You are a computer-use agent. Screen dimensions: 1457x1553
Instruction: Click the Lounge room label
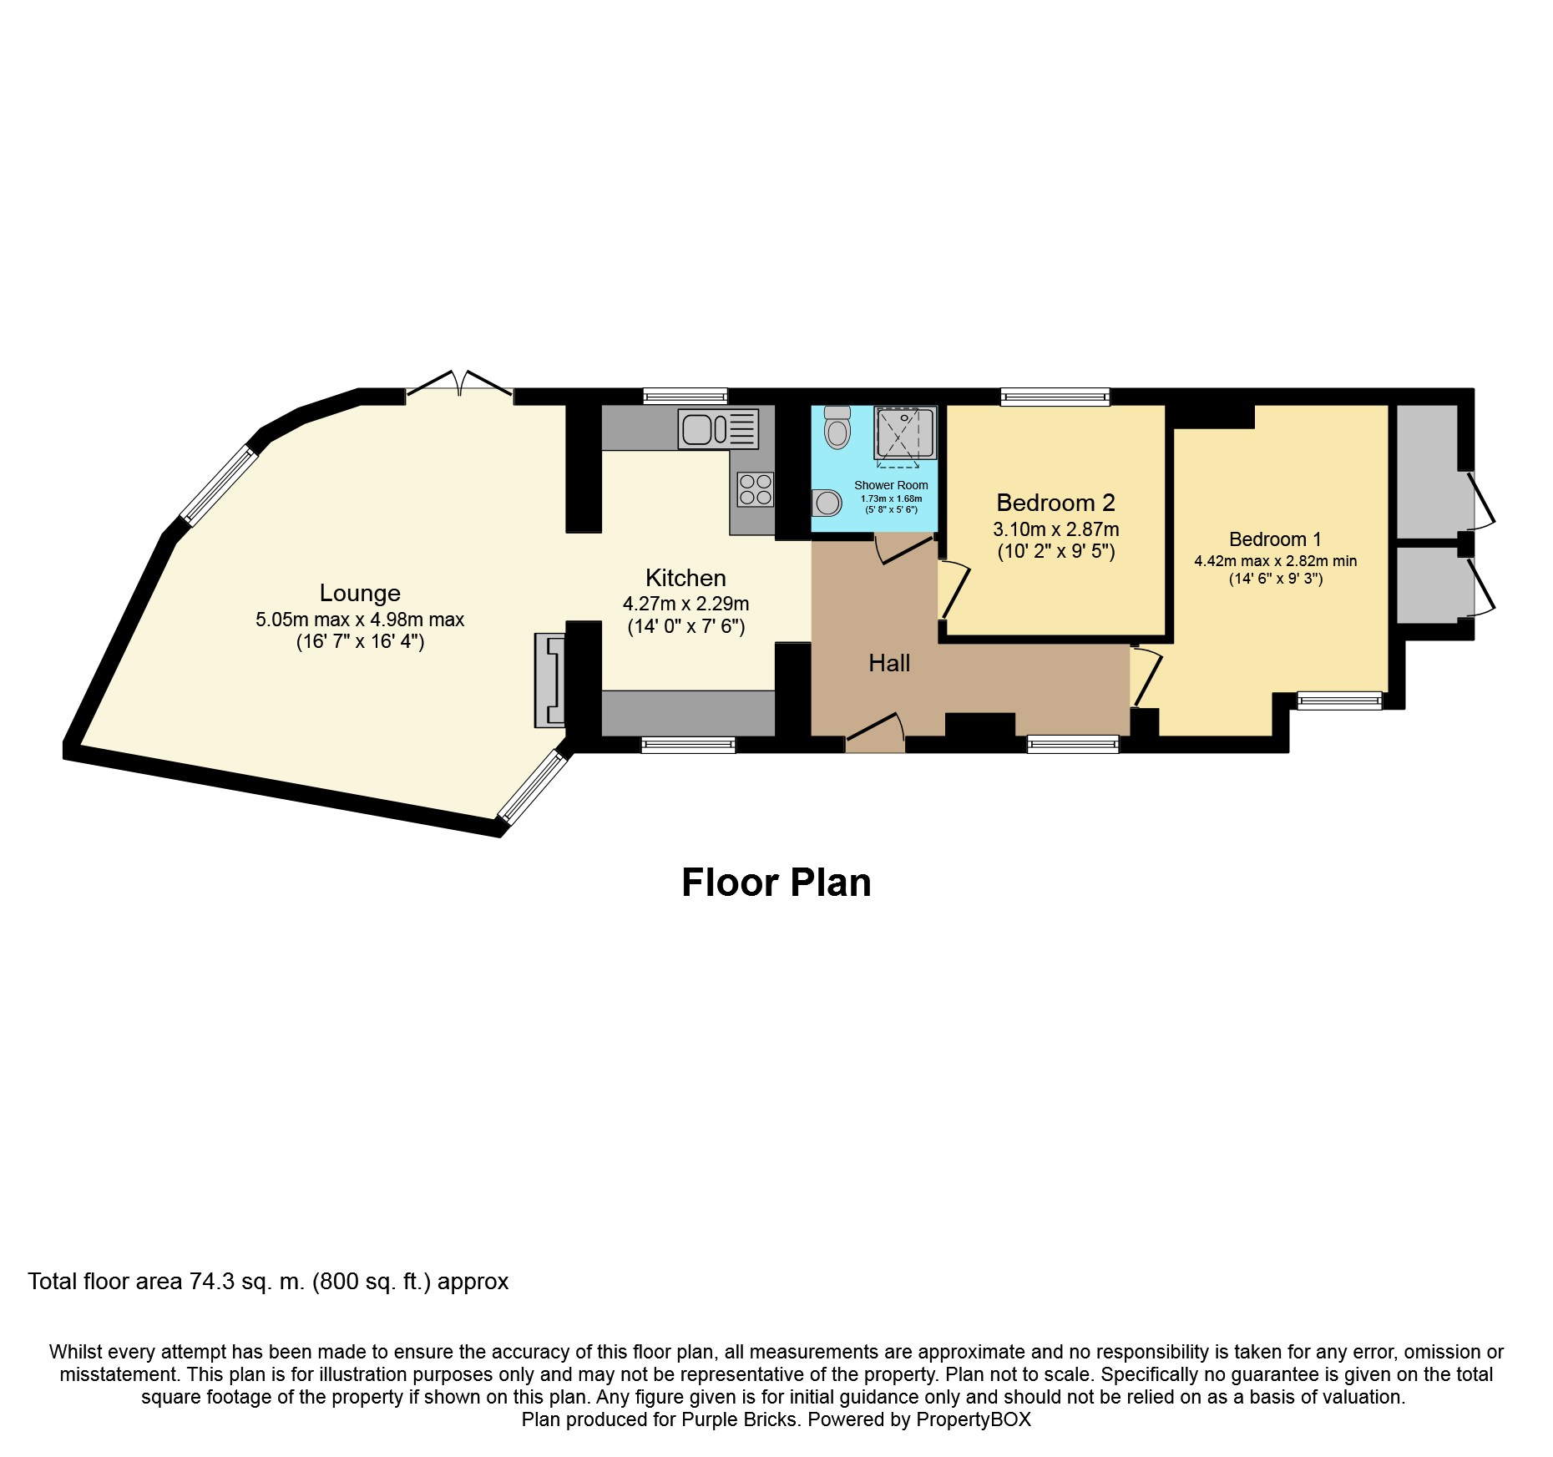click(360, 593)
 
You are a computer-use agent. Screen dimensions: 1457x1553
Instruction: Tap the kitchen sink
click(717, 428)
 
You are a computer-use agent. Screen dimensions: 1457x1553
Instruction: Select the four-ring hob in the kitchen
click(755, 489)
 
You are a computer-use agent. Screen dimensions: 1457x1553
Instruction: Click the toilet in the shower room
click(837, 427)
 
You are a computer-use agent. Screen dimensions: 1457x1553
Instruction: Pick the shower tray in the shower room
click(904, 433)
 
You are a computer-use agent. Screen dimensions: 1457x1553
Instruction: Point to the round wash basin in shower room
click(827, 503)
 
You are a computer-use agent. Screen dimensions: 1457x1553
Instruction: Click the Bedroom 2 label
click(1055, 503)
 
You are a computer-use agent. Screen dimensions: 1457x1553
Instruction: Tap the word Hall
click(889, 664)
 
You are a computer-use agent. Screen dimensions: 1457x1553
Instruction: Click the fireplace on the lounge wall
click(550, 680)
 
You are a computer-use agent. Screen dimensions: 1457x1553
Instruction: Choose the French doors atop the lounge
click(459, 387)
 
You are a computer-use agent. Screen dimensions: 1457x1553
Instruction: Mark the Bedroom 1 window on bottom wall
click(1339, 701)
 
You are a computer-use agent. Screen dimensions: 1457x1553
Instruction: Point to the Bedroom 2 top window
click(1055, 397)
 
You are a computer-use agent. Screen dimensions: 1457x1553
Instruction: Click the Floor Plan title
click(776, 883)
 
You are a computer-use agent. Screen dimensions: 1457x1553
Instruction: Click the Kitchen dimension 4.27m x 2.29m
click(685, 604)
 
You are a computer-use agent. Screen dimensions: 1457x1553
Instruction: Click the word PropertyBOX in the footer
click(973, 1419)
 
